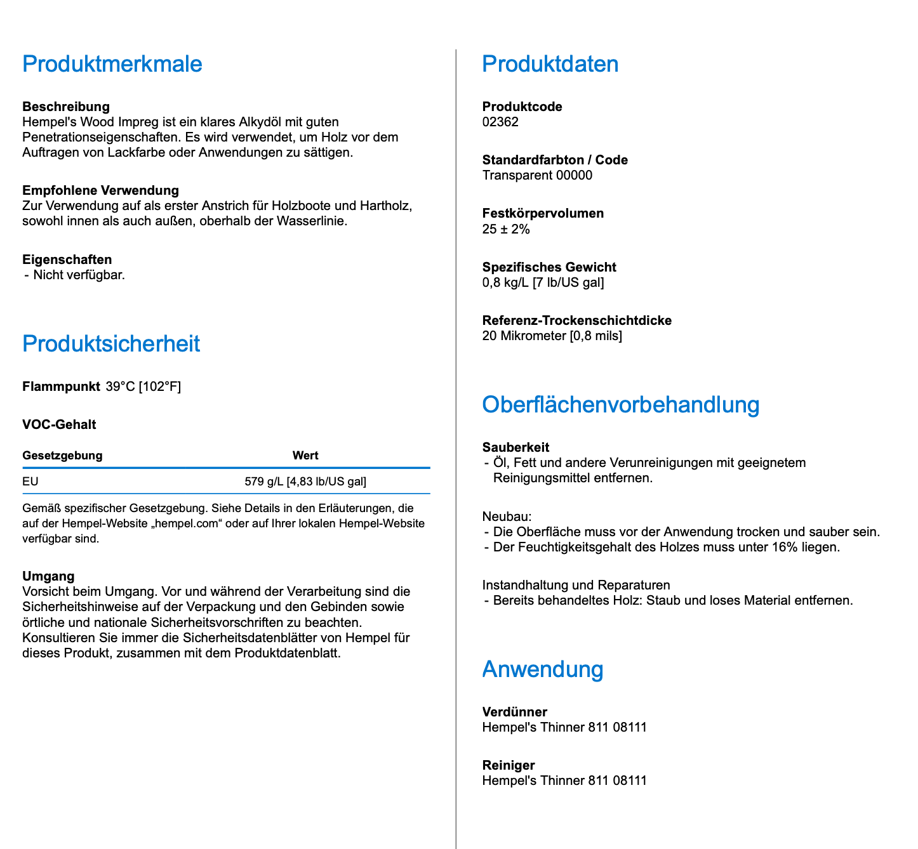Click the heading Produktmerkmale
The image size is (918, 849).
[x=112, y=64]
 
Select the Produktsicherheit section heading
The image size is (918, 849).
[x=111, y=344]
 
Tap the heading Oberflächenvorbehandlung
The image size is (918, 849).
[x=620, y=405]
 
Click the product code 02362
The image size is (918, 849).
[x=500, y=122]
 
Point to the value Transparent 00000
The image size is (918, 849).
[x=537, y=175]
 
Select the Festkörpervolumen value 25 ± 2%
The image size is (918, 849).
[x=506, y=229]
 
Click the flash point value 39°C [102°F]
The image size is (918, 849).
[x=143, y=386]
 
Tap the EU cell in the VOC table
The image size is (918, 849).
[x=30, y=482]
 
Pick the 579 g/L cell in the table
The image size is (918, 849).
[x=305, y=482]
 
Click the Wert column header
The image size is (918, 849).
[x=305, y=456]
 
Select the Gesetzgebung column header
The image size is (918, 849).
[x=62, y=456]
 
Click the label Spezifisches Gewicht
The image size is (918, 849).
[x=549, y=267]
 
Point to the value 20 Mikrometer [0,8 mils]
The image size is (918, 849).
[x=552, y=336]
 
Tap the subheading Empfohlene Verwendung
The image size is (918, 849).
[x=100, y=190]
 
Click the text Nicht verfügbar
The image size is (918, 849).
[x=79, y=275]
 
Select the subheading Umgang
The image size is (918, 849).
[x=48, y=576]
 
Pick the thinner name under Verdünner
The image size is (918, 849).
[x=564, y=727]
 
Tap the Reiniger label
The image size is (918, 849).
[x=509, y=765]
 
